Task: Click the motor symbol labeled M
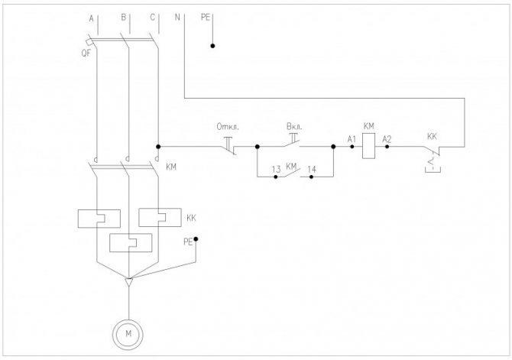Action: pyautogui.click(x=128, y=334)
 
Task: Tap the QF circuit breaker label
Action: pyautogui.click(x=86, y=53)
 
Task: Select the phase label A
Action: pyautogui.click(x=92, y=18)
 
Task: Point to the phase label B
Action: pyautogui.click(x=124, y=18)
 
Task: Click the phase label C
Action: pyautogui.click(x=153, y=18)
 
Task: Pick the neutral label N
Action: pyautogui.click(x=177, y=17)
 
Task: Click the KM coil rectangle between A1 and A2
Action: pyautogui.click(x=368, y=147)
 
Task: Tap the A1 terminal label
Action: pyautogui.click(x=352, y=140)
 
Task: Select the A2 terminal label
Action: pyautogui.click(x=387, y=140)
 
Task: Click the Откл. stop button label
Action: pyautogui.click(x=228, y=127)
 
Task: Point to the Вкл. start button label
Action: pyautogui.click(x=294, y=126)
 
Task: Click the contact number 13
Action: pyautogui.click(x=276, y=169)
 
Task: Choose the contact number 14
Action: pyautogui.click(x=312, y=169)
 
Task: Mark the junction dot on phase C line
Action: pyautogui.click(x=158, y=147)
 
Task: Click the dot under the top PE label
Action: pyautogui.click(x=212, y=46)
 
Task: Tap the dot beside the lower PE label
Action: pyautogui.click(x=196, y=239)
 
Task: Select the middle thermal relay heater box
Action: pyautogui.click(x=131, y=243)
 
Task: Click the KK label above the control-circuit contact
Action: pyautogui.click(x=432, y=137)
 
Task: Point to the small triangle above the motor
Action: pyautogui.click(x=129, y=282)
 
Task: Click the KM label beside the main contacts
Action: pyautogui.click(x=171, y=167)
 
